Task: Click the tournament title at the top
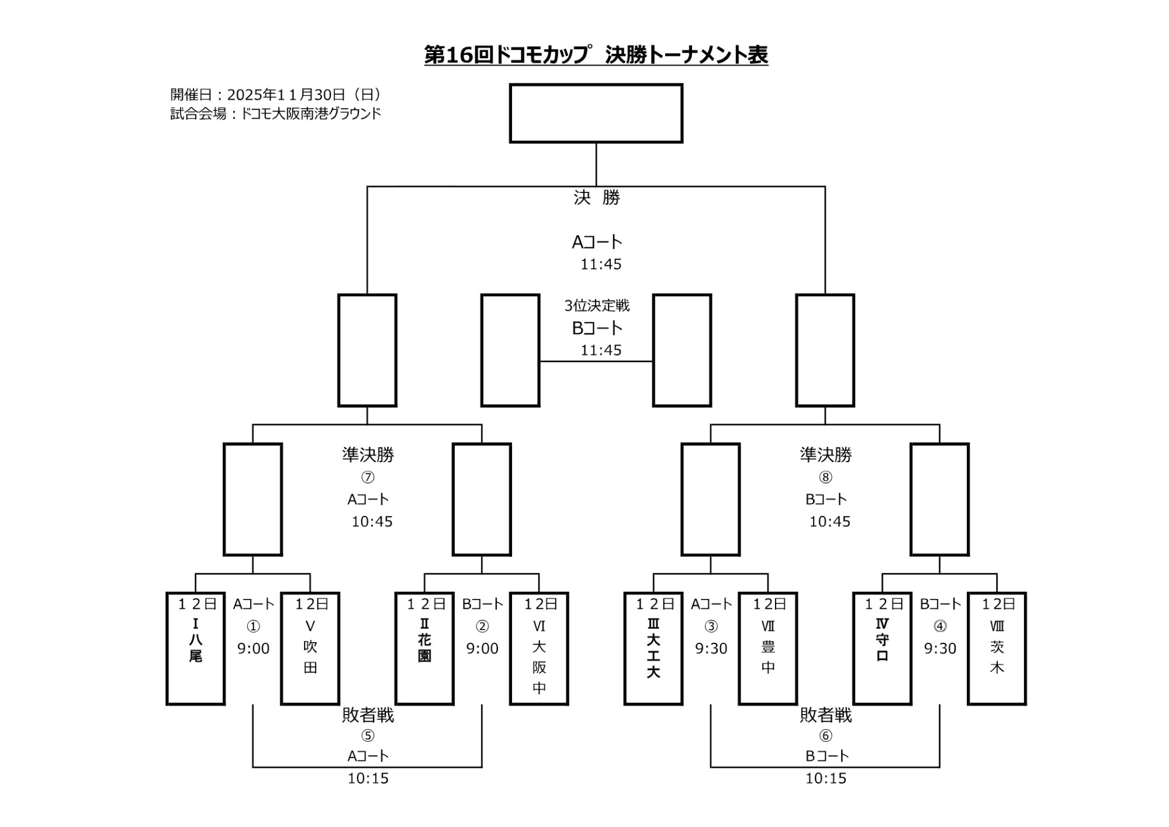click(x=596, y=55)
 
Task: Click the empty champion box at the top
click(x=596, y=113)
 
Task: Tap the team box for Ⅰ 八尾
click(x=195, y=649)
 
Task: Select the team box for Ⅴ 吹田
click(x=310, y=649)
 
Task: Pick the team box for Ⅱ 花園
click(x=424, y=649)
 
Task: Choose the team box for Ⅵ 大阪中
click(x=539, y=649)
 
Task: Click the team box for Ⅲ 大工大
click(x=653, y=649)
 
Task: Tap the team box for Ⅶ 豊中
click(x=767, y=649)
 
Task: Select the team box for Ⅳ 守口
click(x=882, y=649)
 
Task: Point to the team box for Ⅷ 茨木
click(x=997, y=649)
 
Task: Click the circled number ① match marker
click(x=253, y=626)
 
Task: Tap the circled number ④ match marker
click(x=940, y=626)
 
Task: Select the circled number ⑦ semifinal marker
click(x=368, y=477)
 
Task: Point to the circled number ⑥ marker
click(x=825, y=735)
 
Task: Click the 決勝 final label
click(x=596, y=198)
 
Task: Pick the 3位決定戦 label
click(x=597, y=305)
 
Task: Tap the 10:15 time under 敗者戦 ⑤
click(x=368, y=778)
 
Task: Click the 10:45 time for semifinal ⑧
click(x=829, y=522)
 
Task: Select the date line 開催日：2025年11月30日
click(x=276, y=95)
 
